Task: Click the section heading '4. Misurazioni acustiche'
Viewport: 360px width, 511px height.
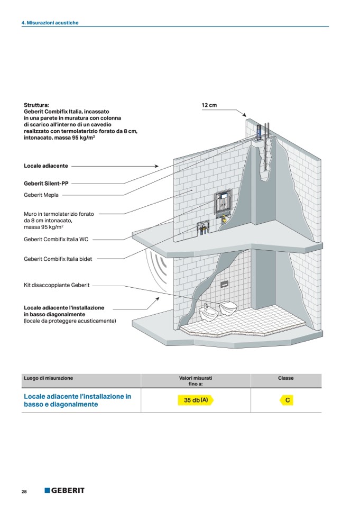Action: point(50,23)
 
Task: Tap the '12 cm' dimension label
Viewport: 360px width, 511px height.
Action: point(209,105)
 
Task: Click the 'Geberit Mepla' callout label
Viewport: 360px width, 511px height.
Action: point(41,195)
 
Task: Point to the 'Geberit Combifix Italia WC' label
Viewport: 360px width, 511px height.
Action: point(56,239)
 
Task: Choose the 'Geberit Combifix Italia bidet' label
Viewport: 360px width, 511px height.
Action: point(58,259)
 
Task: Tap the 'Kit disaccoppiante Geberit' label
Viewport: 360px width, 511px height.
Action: point(57,285)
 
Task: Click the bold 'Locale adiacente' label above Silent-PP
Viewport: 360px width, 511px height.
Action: point(45,166)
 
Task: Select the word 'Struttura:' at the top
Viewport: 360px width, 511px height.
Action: point(36,105)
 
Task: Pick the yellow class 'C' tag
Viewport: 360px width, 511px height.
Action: point(287,400)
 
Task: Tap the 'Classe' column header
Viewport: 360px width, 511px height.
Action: point(285,378)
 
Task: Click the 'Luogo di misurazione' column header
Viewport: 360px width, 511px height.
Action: point(49,378)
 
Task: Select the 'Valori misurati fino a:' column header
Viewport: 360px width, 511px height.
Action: point(196,381)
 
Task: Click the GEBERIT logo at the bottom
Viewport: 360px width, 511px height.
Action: point(64,490)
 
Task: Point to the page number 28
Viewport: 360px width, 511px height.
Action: point(24,491)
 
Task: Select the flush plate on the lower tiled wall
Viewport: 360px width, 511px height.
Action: point(224,283)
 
